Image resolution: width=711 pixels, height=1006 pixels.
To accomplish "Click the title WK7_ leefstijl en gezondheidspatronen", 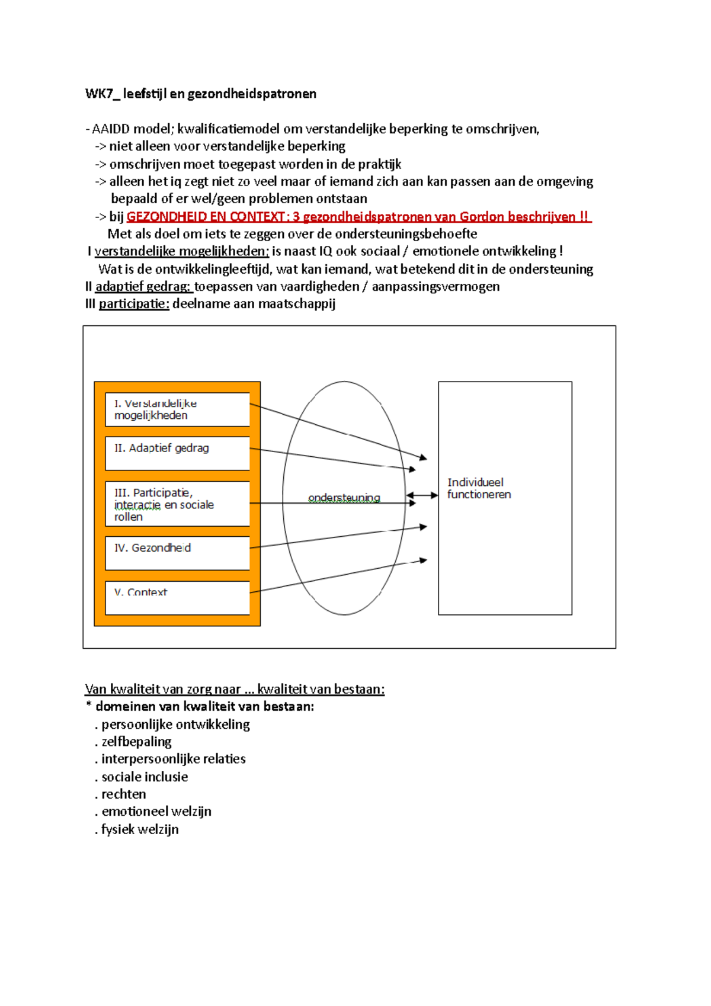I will [200, 94].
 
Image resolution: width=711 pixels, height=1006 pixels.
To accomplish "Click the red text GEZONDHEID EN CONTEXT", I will [206, 217].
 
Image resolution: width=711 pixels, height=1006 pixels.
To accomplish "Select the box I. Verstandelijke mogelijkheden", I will [177, 409].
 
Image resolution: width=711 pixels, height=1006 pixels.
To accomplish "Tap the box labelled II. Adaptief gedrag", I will [177, 453].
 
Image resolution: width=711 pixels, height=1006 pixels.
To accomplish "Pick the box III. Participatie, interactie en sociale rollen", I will [177, 504].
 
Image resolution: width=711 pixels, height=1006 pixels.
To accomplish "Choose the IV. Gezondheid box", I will [177, 553].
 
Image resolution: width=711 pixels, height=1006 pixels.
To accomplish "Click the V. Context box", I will [177, 597].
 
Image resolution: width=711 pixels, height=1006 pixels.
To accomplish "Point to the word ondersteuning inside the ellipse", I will [344, 498].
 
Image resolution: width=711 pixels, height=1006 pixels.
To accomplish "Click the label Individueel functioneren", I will [479, 489].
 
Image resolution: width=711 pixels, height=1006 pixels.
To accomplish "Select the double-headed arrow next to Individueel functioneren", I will [422, 495].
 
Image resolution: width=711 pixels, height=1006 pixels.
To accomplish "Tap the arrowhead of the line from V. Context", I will [423, 560].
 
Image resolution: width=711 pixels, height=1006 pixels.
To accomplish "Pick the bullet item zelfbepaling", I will [136, 742].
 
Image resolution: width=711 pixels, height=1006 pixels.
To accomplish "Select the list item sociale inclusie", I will [145, 777].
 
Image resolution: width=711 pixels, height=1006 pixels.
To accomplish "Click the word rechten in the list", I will [123, 794].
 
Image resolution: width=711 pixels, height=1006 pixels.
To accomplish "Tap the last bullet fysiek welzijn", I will [140, 829].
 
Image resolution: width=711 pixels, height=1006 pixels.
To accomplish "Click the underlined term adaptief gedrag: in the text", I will [143, 287].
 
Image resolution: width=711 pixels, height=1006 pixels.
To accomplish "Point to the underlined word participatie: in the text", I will [134, 304].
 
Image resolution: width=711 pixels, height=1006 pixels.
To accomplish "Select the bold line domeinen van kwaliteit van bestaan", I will [204, 706].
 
